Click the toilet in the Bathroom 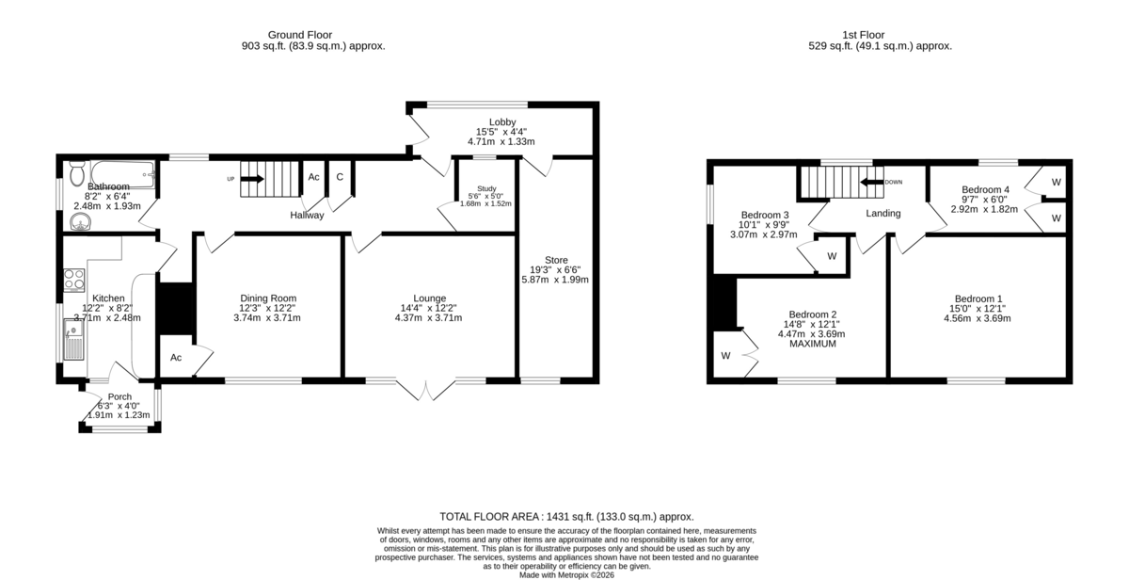[x=76, y=173]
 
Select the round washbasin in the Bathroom [x=80, y=221]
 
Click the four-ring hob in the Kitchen [x=73, y=281]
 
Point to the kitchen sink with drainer [x=73, y=339]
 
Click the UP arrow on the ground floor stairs [x=252, y=179]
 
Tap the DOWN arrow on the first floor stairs [x=872, y=182]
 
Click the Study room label [x=486, y=188]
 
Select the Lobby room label [x=502, y=122]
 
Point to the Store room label [x=556, y=260]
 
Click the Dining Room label [x=268, y=298]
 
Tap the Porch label [x=119, y=397]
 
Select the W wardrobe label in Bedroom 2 [x=725, y=356]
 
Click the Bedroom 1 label [x=978, y=298]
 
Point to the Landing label [x=883, y=214]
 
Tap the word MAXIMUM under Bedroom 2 [x=813, y=344]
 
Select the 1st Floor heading [x=864, y=35]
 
